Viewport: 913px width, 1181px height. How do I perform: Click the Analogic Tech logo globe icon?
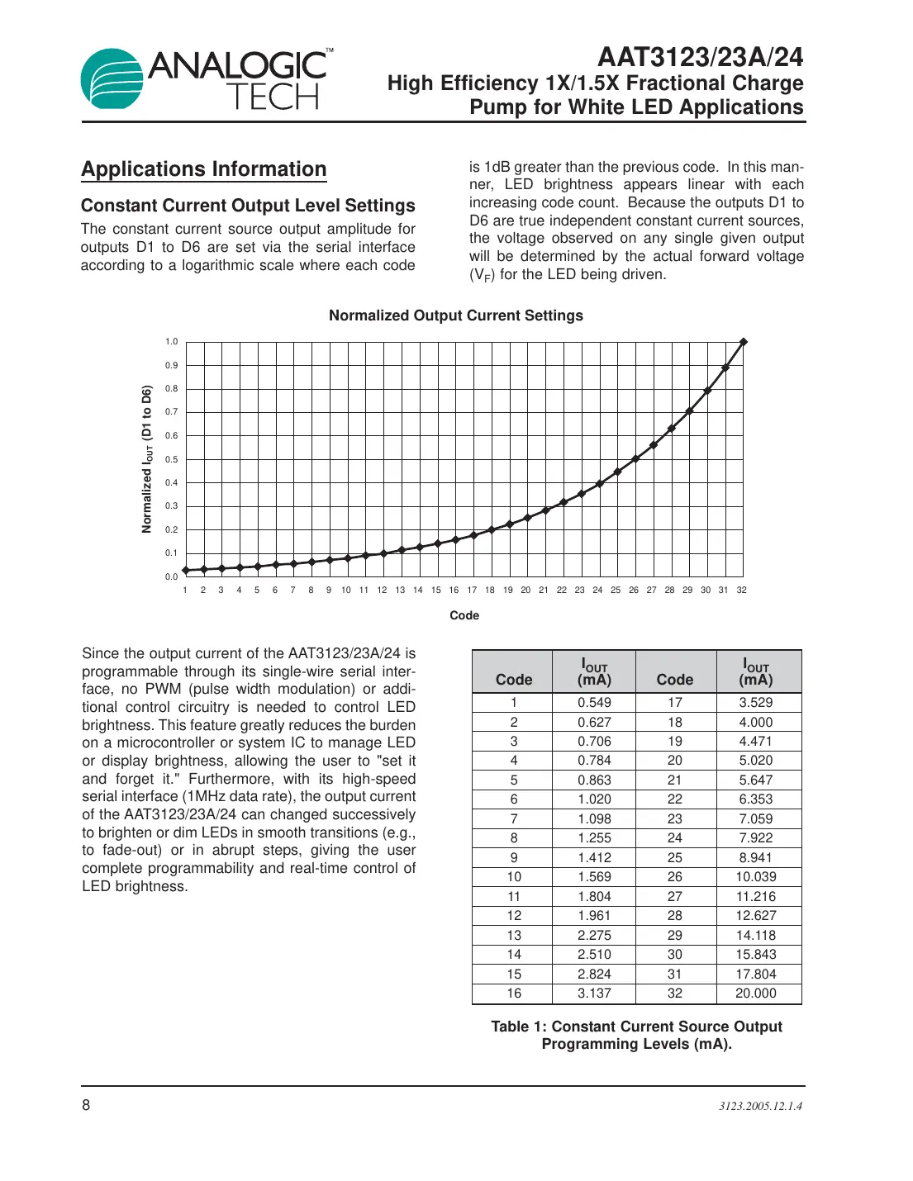(x=112, y=79)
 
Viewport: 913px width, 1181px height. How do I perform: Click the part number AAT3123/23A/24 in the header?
(x=700, y=57)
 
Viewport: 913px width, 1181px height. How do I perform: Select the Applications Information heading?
(x=204, y=169)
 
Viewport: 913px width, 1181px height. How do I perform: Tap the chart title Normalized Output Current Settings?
(x=456, y=315)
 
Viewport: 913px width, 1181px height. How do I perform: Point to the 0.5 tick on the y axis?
(x=171, y=459)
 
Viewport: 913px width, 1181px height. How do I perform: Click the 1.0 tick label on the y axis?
(x=171, y=342)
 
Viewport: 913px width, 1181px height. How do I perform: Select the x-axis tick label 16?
(x=454, y=590)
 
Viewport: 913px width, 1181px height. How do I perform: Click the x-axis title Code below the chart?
(x=464, y=615)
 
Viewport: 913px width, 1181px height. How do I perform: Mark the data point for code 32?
(x=744, y=342)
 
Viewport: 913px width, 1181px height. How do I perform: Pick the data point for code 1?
(x=185, y=570)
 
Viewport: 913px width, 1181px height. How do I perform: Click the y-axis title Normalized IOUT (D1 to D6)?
(x=147, y=459)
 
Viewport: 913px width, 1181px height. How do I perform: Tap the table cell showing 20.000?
(x=756, y=994)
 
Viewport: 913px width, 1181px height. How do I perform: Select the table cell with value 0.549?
(x=594, y=703)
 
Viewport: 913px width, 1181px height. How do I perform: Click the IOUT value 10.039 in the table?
(x=756, y=877)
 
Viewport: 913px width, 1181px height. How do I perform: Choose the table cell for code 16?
(x=514, y=994)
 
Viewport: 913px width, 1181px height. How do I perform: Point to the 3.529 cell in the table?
(x=756, y=703)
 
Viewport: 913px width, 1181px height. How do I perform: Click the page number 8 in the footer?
(x=86, y=1105)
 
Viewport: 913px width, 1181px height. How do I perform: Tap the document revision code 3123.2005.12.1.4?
(x=760, y=1106)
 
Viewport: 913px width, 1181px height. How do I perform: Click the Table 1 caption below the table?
(x=636, y=1035)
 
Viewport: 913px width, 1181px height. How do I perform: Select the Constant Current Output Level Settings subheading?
(x=248, y=206)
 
